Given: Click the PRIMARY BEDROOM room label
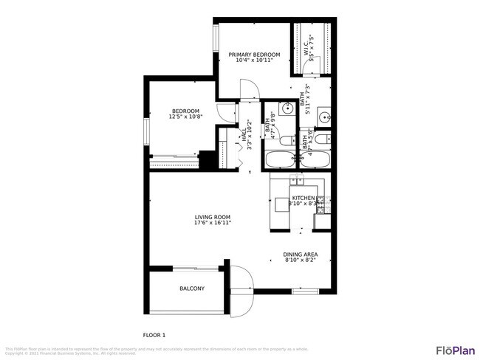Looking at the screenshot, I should pyautogui.click(x=254, y=55).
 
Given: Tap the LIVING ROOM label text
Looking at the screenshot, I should pyautogui.click(x=213, y=216).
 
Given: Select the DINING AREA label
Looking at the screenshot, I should pyautogui.click(x=301, y=254).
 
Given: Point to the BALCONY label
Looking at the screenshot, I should pyautogui.click(x=192, y=288).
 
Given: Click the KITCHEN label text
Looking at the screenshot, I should pyautogui.click(x=303, y=198).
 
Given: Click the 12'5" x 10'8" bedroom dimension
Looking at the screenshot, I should pyautogui.click(x=185, y=117).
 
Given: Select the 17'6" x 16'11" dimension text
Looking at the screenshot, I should pyautogui.click(x=213, y=222).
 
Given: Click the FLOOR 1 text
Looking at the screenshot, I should pyautogui.click(x=154, y=334).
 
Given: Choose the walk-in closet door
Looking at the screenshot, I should pyautogui.click(x=304, y=74).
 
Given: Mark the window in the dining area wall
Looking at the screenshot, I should pyautogui.click(x=304, y=291).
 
